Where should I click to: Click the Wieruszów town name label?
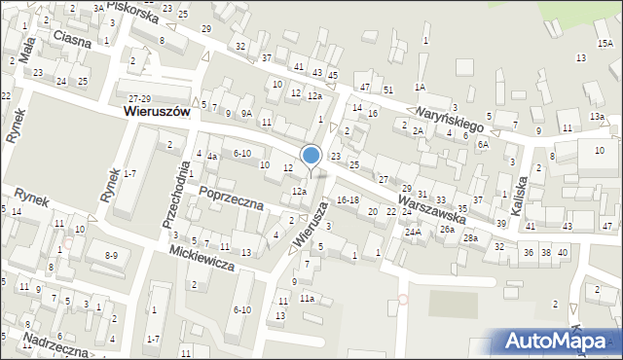click(x=156, y=112)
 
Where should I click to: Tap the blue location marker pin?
click(x=311, y=156)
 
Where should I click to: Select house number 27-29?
click(x=140, y=99)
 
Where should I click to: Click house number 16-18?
click(x=348, y=199)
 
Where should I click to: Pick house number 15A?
click(x=605, y=44)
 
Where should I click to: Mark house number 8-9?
click(x=111, y=255)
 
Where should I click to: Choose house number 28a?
click(x=471, y=238)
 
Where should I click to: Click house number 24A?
click(x=413, y=232)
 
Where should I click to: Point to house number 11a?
click(x=307, y=298)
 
